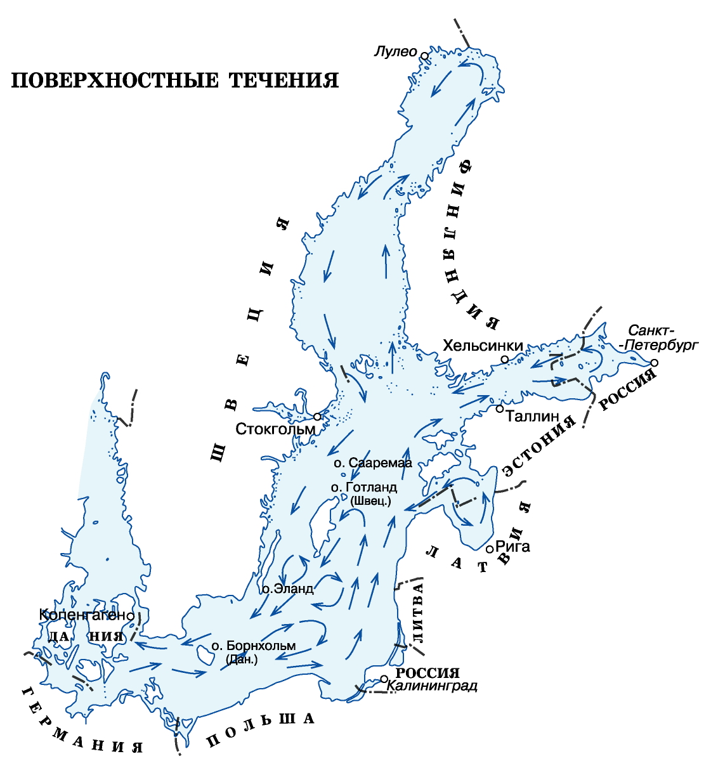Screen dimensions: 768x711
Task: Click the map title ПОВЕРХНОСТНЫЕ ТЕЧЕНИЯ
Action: (x=175, y=81)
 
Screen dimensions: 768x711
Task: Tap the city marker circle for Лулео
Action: (x=424, y=56)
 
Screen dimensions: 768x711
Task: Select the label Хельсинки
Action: (x=483, y=346)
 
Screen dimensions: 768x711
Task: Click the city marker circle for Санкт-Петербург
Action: (x=655, y=362)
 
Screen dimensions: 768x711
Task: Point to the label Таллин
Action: (x=532, y=417)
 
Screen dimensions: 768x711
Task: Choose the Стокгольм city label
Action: (x=275, y=429)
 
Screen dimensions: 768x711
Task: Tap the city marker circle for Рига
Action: (x=490, y=547)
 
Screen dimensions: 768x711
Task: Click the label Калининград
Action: (x=432, y=686)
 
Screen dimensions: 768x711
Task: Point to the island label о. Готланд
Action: (x=364, y=488)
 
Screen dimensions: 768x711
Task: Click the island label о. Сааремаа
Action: (x=373, y=463)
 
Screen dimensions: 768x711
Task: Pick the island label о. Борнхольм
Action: (x=254, y=646)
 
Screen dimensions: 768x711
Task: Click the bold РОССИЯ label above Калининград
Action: (x=427, y=673)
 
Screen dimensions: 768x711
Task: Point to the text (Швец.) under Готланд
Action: (x=370, y=501)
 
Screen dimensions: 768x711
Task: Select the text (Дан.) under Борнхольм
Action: (x=242, y=660)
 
